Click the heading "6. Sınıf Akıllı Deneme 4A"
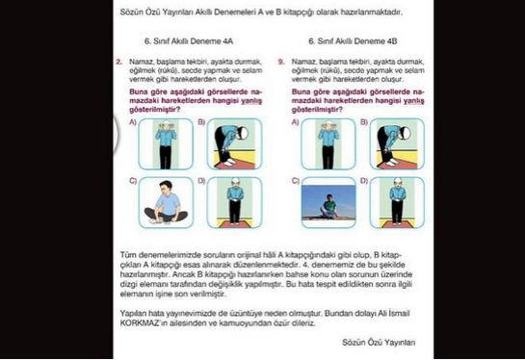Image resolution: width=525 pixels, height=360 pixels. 189,41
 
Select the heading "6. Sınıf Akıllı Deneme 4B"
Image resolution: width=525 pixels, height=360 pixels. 353,41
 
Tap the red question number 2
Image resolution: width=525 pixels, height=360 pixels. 118,62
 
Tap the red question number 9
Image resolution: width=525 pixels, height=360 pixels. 281,62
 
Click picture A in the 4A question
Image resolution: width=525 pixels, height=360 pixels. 166,143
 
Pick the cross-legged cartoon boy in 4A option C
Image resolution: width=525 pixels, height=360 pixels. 166,203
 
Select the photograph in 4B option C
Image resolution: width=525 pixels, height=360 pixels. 328,203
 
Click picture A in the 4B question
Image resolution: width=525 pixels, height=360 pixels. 328,143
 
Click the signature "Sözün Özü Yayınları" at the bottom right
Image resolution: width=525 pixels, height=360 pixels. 379,343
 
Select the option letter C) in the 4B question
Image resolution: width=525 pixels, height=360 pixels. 296,181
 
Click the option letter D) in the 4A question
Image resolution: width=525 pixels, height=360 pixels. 201,181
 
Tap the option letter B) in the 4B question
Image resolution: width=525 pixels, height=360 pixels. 364,122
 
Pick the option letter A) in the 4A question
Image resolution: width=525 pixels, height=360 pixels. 133,122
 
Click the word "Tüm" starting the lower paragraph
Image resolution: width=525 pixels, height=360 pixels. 128,255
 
